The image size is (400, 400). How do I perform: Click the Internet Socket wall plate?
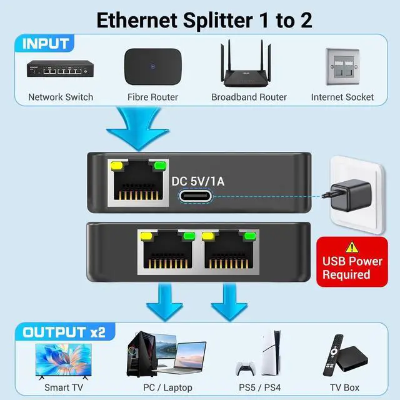tap(342, 67)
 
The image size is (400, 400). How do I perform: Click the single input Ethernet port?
tap(137, 183)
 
